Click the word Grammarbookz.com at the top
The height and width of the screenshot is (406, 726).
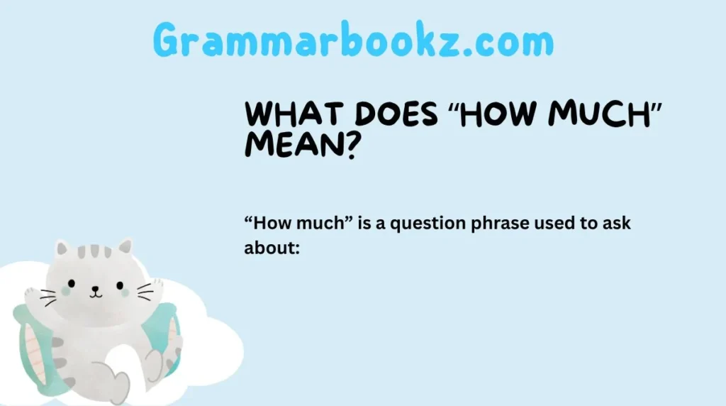pyautogui.click(x=353, y=41)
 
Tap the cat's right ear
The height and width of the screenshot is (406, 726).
pyautogui.click(x=125, y=247)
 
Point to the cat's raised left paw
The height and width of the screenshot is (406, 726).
pyautogui.click(x=33, y=292)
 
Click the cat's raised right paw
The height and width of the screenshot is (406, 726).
pyautogui.click(x=156, y=286)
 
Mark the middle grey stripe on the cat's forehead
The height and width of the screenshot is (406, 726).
pyautogui.click(x=94, y=251)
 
